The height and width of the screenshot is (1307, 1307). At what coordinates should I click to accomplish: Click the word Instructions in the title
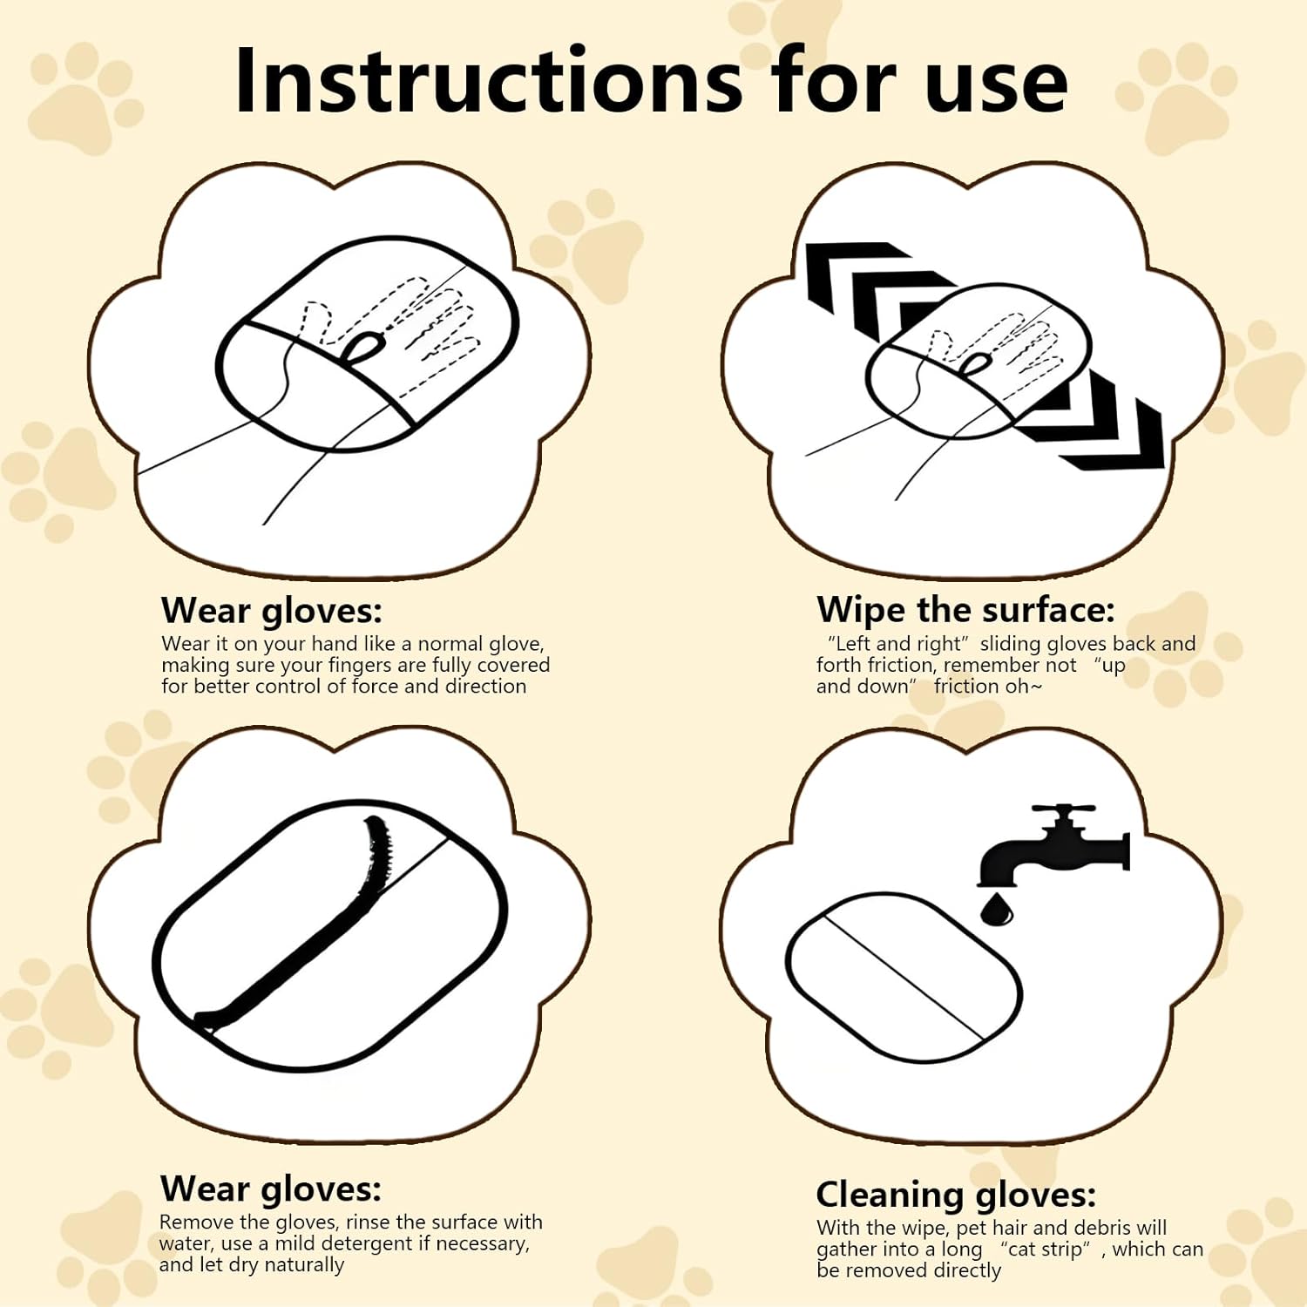click(488, 80)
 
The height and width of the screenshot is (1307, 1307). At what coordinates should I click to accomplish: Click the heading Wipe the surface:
click(965, 611)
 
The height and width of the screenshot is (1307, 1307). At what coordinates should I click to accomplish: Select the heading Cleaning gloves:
click(956, 1195)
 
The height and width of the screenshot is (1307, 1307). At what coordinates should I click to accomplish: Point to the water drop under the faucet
click(997, 908)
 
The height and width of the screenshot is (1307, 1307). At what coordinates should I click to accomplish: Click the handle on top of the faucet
click(1063, 809)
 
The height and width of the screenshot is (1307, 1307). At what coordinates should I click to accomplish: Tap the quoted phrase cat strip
click(1046, 1249)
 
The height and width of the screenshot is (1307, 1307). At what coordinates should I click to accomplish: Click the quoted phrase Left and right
click(898, 644)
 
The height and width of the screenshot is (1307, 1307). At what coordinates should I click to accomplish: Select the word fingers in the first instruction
click(362, 666)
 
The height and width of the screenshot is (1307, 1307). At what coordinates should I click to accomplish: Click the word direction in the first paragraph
click(485, 687)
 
